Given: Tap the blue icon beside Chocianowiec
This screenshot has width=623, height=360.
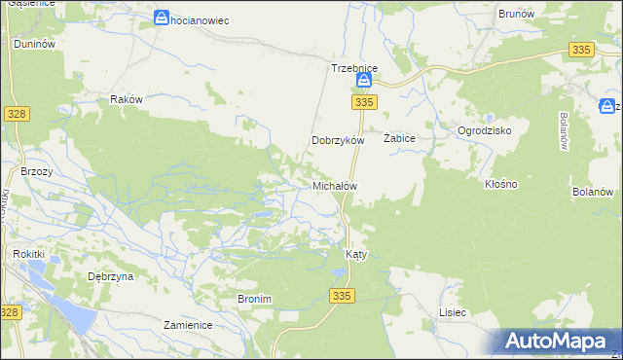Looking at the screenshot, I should point(162,18).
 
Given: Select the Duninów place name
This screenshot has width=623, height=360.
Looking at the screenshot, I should point(33,44).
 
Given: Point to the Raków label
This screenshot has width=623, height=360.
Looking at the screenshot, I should point(127,99).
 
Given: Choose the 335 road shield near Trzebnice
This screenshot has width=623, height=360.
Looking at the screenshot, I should point(364,102).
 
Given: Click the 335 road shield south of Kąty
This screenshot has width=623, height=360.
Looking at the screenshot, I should point(340,296).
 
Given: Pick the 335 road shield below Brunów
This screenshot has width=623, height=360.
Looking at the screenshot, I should point(581,50).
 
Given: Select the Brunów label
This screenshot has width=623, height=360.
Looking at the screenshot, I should point(516,14).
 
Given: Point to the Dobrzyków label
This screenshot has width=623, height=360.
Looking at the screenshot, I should point(337,140).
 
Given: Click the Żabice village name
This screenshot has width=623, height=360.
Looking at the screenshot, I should point(400,139).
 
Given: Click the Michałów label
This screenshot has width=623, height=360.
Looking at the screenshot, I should point(334,185).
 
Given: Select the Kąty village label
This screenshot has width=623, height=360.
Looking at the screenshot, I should point(356,254).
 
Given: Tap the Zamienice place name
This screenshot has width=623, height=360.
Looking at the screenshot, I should point(188,325).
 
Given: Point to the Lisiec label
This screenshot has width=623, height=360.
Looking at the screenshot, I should point(453,312).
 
